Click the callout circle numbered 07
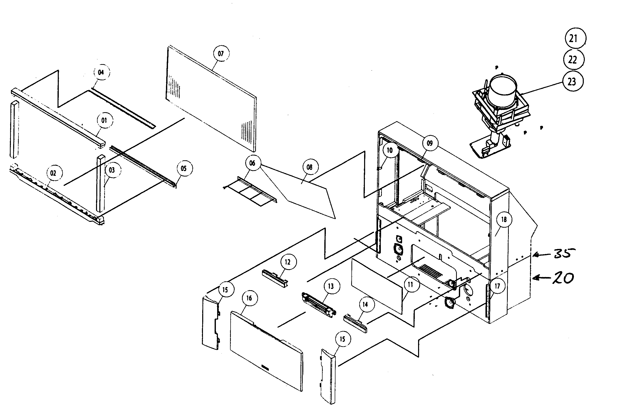[221, 53]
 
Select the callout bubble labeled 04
[101, 72]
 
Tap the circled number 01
[104, 120]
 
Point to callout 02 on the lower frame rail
[53, 173]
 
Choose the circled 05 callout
[184, 168]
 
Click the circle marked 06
[252, 163]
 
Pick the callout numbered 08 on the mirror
[310, 167]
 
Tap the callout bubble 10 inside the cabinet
[390, 150]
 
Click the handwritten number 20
[563, 278]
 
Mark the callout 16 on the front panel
[249, 298]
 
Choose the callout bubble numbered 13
[331, 286]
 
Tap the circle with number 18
[504, 219]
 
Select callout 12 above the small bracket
[288, 262]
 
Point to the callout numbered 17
[497, 286]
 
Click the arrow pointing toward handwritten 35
[541, 255]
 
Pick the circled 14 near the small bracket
[365, 304]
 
